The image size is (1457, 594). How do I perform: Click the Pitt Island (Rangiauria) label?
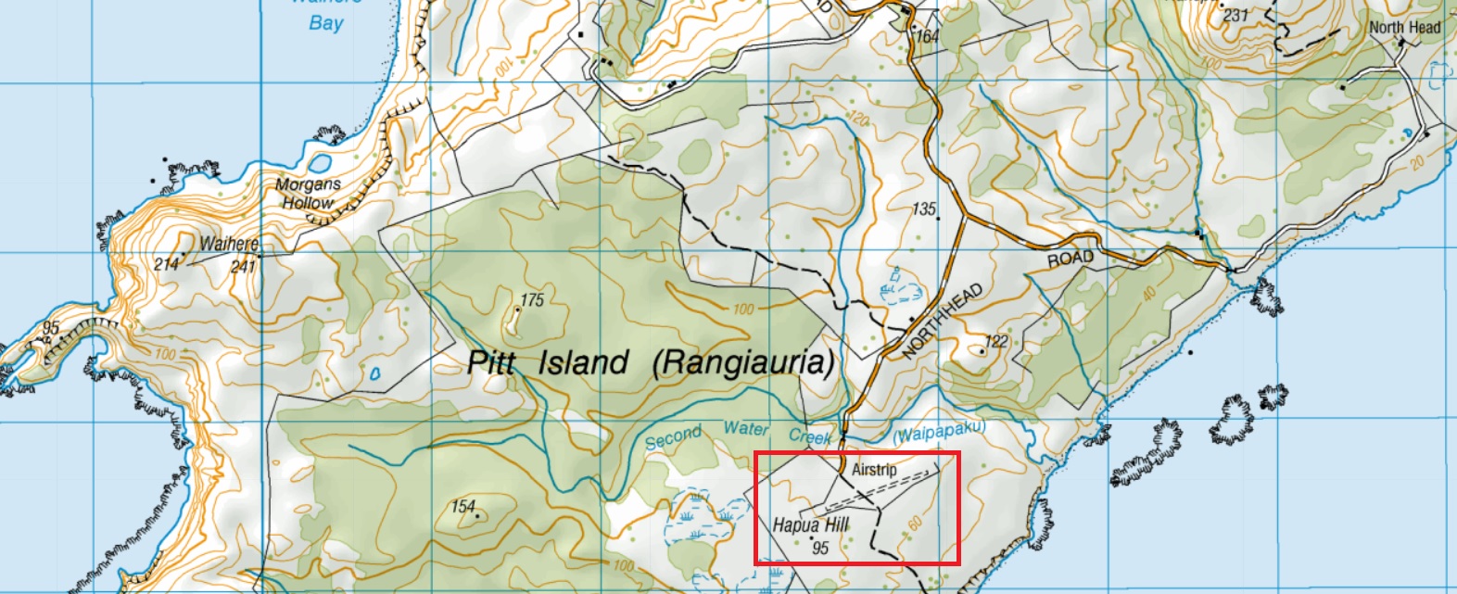(650, 362)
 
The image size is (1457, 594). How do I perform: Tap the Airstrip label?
(874, 469)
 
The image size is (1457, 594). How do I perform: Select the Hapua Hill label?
(811, 524)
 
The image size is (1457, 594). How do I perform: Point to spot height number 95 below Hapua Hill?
(820, 548)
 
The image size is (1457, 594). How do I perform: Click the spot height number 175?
(532, 299)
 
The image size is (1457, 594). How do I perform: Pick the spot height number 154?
(463, 506)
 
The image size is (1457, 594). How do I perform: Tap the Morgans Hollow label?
(308, 193)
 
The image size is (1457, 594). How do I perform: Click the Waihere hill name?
(229, 244)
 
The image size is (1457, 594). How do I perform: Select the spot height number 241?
(243, 266)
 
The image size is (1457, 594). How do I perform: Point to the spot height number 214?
(166, 265)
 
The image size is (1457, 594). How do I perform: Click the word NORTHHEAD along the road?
(942, 322)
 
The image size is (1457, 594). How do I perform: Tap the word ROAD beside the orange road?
(1071, 259)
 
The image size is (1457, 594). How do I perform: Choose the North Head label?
(1405, 27)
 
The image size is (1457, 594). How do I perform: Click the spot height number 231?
(1235, 15)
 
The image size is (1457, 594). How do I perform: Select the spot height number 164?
(927, 36)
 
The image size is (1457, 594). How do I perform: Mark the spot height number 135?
(924, 209)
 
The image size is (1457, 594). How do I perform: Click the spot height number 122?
(996, 341)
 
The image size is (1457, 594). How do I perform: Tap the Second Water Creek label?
(738, 433)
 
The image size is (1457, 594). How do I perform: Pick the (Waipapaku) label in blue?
(939, 431)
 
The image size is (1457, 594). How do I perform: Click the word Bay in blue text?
(325, 23)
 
